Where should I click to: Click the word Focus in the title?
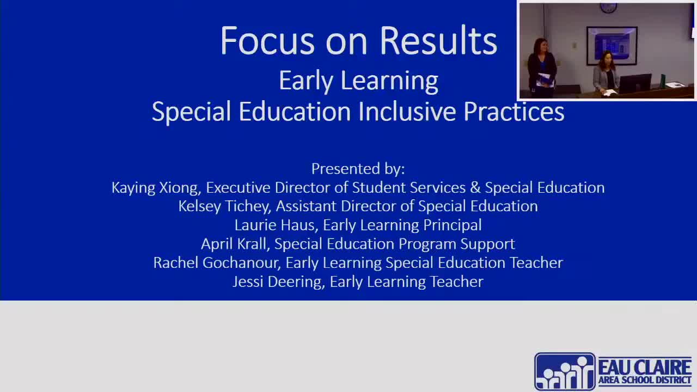point(267,41)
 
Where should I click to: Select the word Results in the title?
point(438,41)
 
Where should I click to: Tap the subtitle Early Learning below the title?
point(358,81)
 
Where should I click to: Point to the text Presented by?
point(358,168)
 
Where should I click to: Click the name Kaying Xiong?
point(155,187)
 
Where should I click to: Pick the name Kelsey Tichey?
point(224,206)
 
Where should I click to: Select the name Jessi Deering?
point(278,281)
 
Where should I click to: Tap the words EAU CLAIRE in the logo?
point(645,366)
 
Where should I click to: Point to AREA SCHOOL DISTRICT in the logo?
point(645,380)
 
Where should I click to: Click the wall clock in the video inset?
point(608,8)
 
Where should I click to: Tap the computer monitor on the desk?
point(634,83)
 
